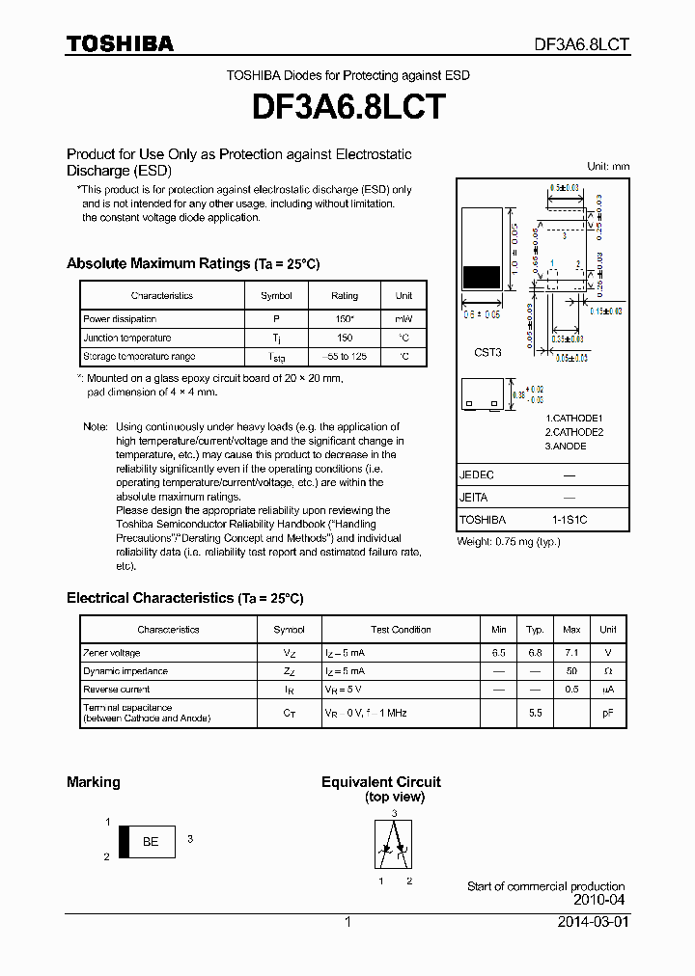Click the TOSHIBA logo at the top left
click(120, 43)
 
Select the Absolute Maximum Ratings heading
click(192, 263)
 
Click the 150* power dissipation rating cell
click(344, 319)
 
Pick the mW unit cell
click(403, 319)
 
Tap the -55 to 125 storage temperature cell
click(344, 357)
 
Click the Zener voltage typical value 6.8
click(535, 653)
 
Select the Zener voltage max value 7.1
click(571, 653)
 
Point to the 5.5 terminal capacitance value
click(535, 713)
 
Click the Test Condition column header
click(401, 630)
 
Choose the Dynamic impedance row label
click(125, 671)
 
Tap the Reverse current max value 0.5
click(571, 690)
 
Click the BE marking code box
click(151, 842)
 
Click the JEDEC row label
click(476, 475)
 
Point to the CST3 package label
click(487, 353)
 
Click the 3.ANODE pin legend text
click(567, 447)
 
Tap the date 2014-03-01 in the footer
click(593, 922)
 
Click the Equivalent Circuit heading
click(380, 782)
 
